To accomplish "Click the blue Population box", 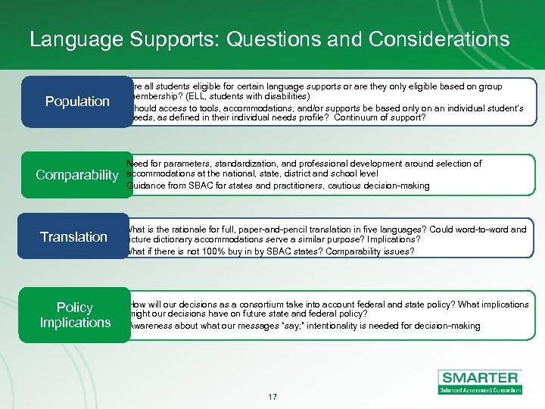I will pyautogui.click(x=76, y=101).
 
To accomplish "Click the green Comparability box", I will pyautogui.click(x=76, y=176).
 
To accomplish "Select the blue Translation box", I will pyautogui.click(x=73, y=237).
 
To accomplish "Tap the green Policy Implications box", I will pyautogui.click(x=75, y=315).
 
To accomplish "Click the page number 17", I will pyautogui.click(x=272, y=396).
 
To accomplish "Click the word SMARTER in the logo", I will pyautogui.click(x=480, y=377).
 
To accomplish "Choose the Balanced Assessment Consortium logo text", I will pyautogui.click(x=480, y=390).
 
